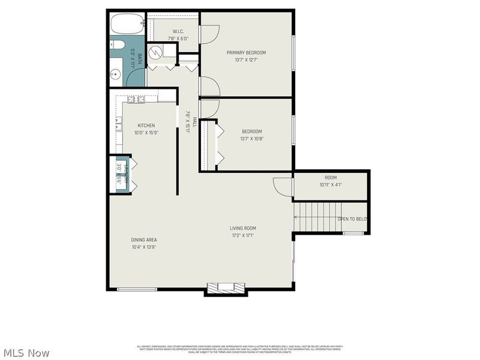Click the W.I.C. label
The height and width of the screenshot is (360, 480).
point(178,31)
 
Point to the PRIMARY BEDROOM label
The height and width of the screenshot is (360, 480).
point(246,53)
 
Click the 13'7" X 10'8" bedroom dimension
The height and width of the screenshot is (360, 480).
point(252,139)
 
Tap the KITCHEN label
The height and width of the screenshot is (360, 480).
point(146,125)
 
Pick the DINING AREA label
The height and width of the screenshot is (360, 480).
point(144,240)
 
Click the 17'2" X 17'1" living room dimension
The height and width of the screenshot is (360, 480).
point(243,235)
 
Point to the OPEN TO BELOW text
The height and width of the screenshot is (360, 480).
point(352,220)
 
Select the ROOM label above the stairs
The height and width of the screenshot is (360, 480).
point(331,178)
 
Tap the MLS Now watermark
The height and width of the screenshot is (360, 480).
point(26,353)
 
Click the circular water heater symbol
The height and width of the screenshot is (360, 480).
point(155,53)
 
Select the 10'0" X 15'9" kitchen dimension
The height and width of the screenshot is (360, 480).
point(146,133)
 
